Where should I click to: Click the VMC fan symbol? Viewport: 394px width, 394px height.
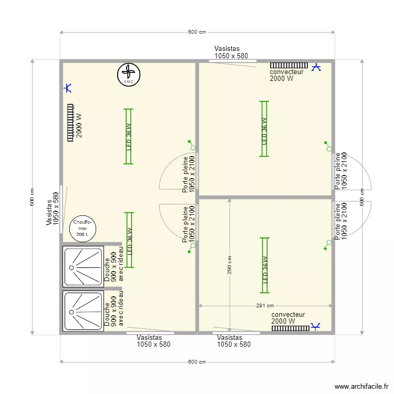point(129,75)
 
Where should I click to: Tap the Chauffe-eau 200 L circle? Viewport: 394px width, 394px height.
point(82,229)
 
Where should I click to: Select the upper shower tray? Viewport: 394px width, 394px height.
point(83,266)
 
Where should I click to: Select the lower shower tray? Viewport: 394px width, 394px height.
point(83,311)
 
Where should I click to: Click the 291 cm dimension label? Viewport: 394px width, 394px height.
point(265,306)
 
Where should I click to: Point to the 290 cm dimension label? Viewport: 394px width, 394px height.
point(229,265)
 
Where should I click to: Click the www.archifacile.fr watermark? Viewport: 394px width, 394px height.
point(361,386)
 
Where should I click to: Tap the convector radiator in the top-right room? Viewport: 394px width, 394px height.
point(289,65)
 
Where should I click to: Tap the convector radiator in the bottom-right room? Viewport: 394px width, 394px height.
point(291,328)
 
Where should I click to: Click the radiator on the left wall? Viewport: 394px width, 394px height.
point(70,122)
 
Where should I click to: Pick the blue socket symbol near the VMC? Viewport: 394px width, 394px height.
point(68,88)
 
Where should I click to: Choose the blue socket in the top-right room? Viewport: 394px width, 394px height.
point(316,67)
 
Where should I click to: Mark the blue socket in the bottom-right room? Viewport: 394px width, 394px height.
point(315,326)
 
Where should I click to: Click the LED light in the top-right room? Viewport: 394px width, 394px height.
point(264,129)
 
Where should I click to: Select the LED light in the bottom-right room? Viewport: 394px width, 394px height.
point(264,265)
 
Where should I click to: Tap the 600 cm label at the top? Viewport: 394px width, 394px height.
point(197,32)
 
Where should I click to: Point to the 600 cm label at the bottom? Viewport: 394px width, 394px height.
point(197,362)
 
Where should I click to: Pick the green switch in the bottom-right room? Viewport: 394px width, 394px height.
point(327,245)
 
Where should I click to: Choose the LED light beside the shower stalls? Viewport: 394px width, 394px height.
point(129,240)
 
